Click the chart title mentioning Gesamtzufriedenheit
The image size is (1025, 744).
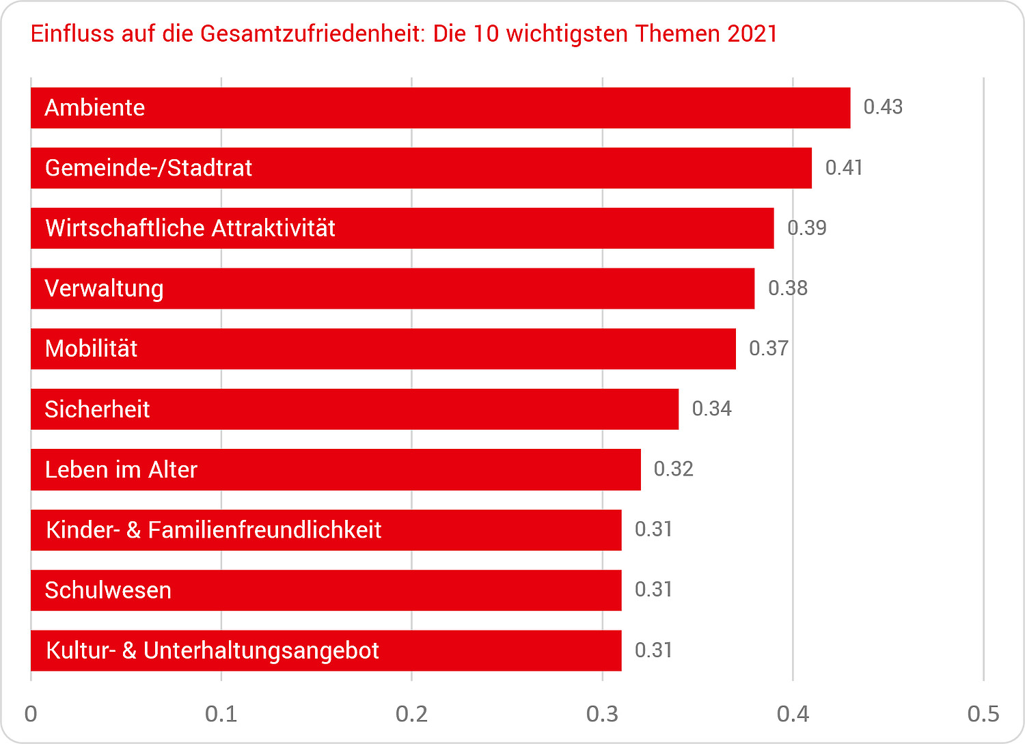point(404,33)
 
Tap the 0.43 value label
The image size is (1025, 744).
point(883,107)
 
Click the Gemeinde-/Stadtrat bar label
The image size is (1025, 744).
point(148,168)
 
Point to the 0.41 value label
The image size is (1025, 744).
point(844,167)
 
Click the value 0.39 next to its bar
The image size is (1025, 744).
point(807,228)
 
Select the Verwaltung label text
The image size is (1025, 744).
point(104,288)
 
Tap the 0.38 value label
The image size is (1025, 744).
point(788,288)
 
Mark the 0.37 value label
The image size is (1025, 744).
point(769,348)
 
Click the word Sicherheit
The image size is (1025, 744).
point(97,409)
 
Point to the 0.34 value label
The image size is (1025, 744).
point(711,409)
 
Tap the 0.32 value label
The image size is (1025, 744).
point(673,469)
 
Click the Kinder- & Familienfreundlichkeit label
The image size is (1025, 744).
point(213,530)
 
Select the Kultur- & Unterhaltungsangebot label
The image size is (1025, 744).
point(212,650)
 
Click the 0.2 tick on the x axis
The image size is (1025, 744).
point(411,714)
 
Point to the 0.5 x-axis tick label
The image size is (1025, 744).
point(983,714)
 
